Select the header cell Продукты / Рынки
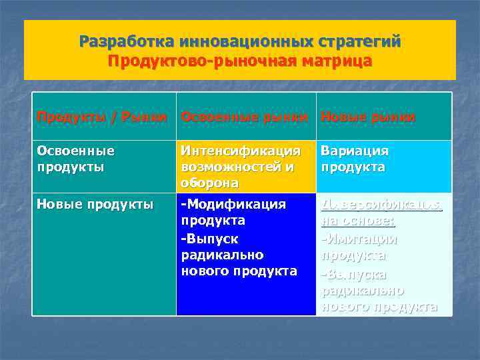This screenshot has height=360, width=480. pos(101,117)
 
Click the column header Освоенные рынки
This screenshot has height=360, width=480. pos(245,117)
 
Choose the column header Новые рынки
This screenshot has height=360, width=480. pos(367,117)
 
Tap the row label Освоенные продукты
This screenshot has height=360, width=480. pos(76,159)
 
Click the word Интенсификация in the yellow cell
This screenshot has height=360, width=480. pos(241,151)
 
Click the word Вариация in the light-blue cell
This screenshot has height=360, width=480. pos(355,151)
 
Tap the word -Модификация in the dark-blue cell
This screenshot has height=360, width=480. pos(233,203)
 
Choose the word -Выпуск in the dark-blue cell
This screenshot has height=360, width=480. pos(209,238)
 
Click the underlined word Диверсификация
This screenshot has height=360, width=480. pos(381,203)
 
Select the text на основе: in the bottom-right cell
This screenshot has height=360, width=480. pos(357,221)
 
